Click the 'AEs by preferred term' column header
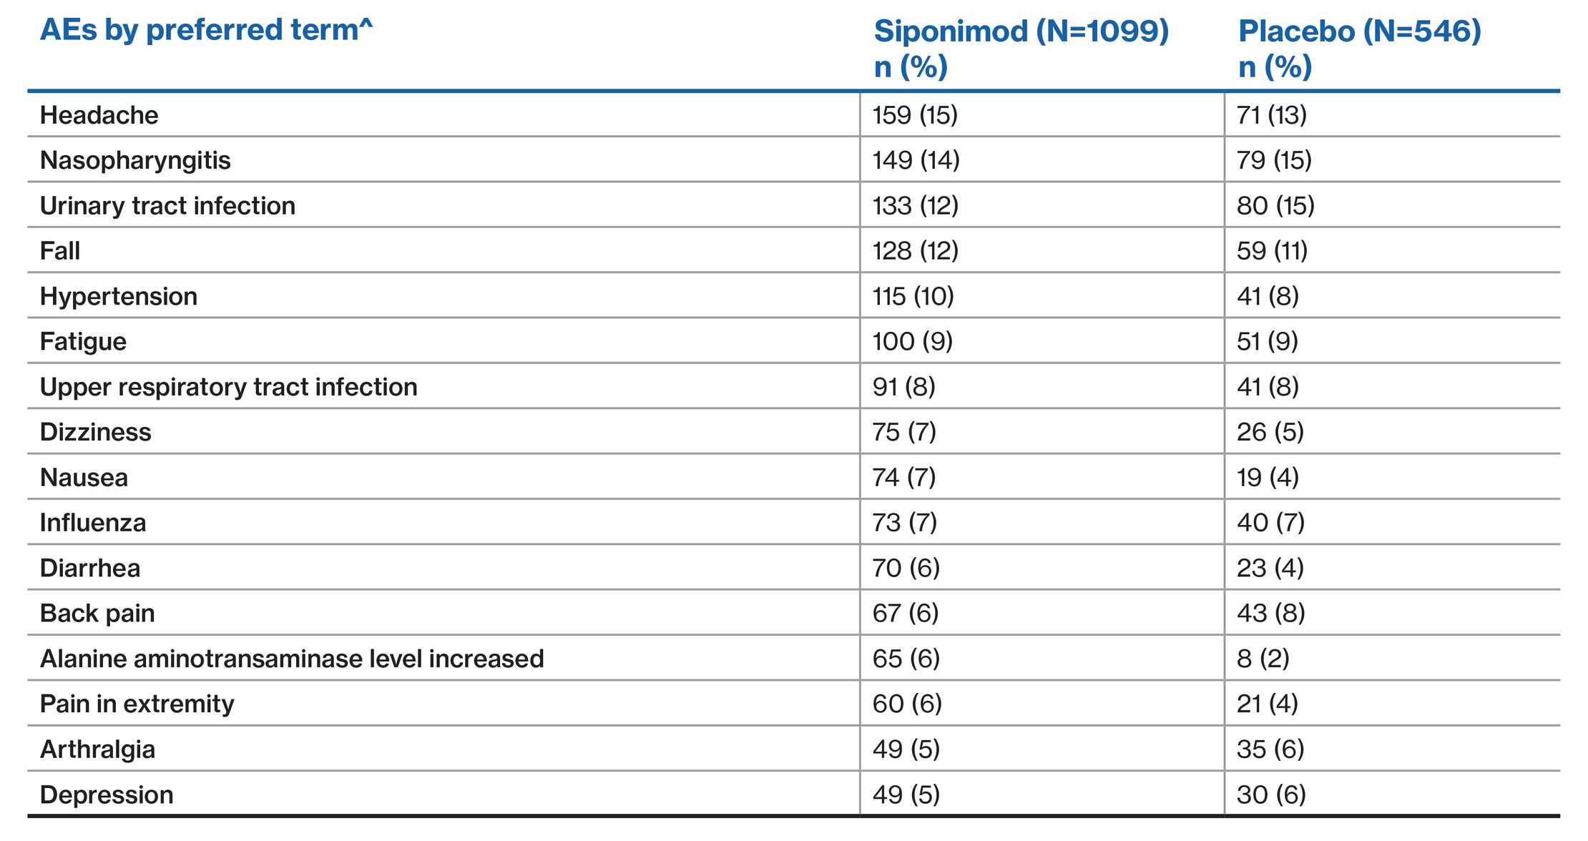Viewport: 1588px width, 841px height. tap(206, 31)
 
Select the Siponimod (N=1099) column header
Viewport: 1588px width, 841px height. tap(1021, 47)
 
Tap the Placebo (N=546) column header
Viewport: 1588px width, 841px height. tap(1359, 47)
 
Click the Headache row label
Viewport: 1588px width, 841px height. tap(99, 115)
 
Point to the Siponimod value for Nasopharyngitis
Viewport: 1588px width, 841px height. tap(916, 160)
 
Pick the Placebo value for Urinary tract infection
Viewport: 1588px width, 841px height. tap(1275, 206)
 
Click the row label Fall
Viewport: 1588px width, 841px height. tap(60, 251)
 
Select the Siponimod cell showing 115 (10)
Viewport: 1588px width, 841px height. tap(913, 296)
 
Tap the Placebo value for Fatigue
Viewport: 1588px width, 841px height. tap(1267, 341)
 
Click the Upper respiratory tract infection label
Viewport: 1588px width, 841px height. tap(228, 387)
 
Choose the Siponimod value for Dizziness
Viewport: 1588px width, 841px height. tap(904, 432)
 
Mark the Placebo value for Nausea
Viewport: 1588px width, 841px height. tap(1268, 477)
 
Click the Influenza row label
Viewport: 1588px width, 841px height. tap(93, 523)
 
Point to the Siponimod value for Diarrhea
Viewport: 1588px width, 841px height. tap(906, 568)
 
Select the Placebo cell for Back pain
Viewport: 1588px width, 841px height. tap(1270, 613)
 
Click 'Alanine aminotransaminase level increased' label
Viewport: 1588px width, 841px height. tap(292, 659)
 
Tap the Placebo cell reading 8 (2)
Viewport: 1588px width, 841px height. tap(1263, 659)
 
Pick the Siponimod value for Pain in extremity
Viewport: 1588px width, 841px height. tap(907, 704)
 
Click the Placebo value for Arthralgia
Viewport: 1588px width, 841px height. tap(1270, 749)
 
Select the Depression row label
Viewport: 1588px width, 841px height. tap(107, 795)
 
